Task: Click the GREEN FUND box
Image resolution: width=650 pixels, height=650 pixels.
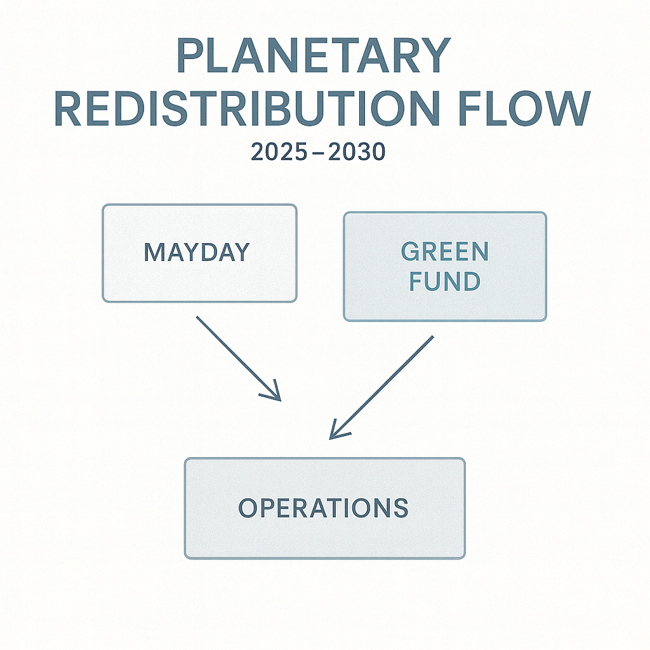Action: point(444,267)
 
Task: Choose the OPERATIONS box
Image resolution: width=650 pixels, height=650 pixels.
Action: point(324,508)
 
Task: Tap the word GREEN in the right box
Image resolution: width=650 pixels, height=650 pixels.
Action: point(445,252)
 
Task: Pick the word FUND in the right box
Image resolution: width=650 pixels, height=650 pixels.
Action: point(445,281)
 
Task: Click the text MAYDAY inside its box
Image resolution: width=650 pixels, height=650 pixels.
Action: point(197,253)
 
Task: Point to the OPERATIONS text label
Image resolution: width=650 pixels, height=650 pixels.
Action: point(323,508)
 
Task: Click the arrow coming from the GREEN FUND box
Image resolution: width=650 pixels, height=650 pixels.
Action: point(381,387)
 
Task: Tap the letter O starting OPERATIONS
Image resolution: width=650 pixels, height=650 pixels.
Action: point(249,508)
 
